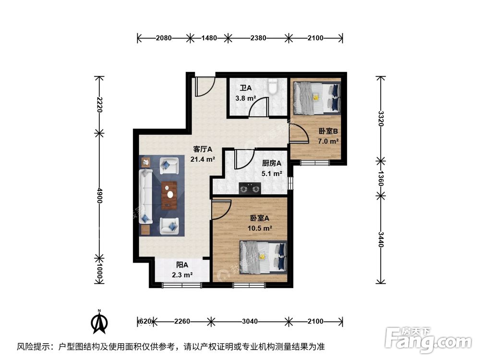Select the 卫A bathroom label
[246, 88]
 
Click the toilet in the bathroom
[273, 87]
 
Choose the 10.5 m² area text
[261, 228]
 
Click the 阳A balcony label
[182, 265]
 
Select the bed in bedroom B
[316, 97]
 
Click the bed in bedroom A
[263, 257]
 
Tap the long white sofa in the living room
[145, 196]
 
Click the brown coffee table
[169, 195]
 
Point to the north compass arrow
[100, 323]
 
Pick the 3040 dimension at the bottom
[249, 321]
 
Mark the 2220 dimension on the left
[99, 104]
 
